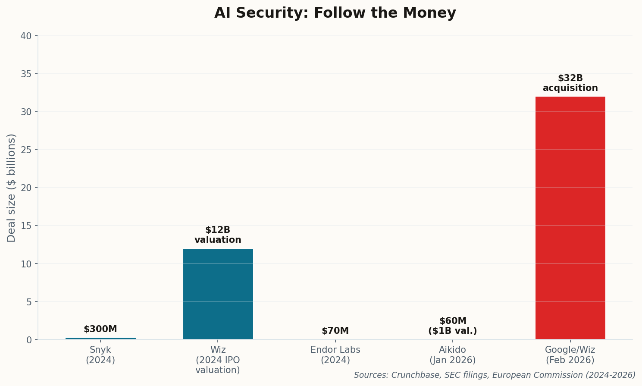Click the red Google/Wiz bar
[x=570, y=218]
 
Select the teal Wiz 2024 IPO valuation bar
[x=218, y=294]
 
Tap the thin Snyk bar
[x=100, y=339]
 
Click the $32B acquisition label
[x=570, y=83]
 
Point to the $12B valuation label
[x=218, y=235]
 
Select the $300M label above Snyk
[x=100, y=329]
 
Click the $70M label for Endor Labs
[x=335, y=331]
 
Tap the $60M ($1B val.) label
[x=453, y=326]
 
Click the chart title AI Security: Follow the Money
[x=335, y=13]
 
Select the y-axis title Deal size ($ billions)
[x=12, y=188]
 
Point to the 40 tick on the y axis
[x=26, y=36]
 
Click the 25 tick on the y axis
[x=26, y=150]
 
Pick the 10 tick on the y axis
[x=26, y=264]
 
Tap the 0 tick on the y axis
[x=29, y=340]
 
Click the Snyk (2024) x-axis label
[x=100, y=355]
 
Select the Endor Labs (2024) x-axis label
[x=335, y=355]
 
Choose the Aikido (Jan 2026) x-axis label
[x=453, y=355]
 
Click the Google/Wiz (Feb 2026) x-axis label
[x=570, y=355]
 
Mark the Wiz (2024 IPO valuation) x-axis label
[x=218, y=360]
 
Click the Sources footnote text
[x=495, y=375]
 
